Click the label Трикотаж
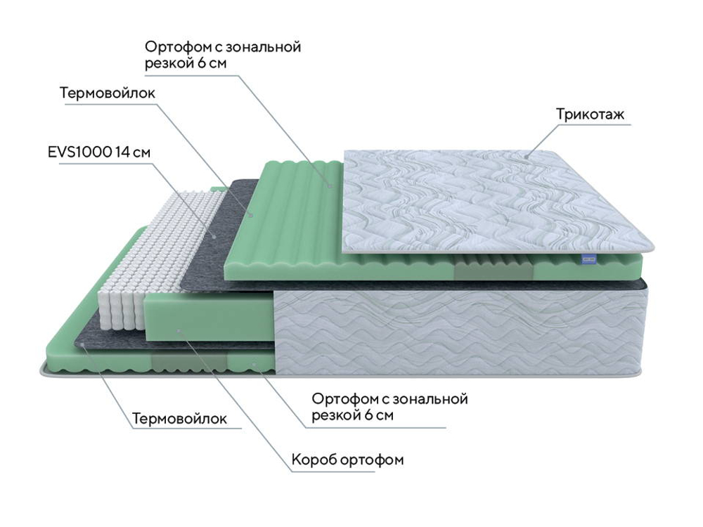(590, 115)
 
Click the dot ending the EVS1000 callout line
(215, 236)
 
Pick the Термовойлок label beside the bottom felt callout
(180, 419)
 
